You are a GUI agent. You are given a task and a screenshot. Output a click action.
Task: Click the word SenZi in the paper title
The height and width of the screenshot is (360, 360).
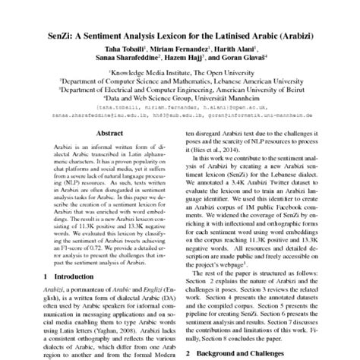click(55, 30)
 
